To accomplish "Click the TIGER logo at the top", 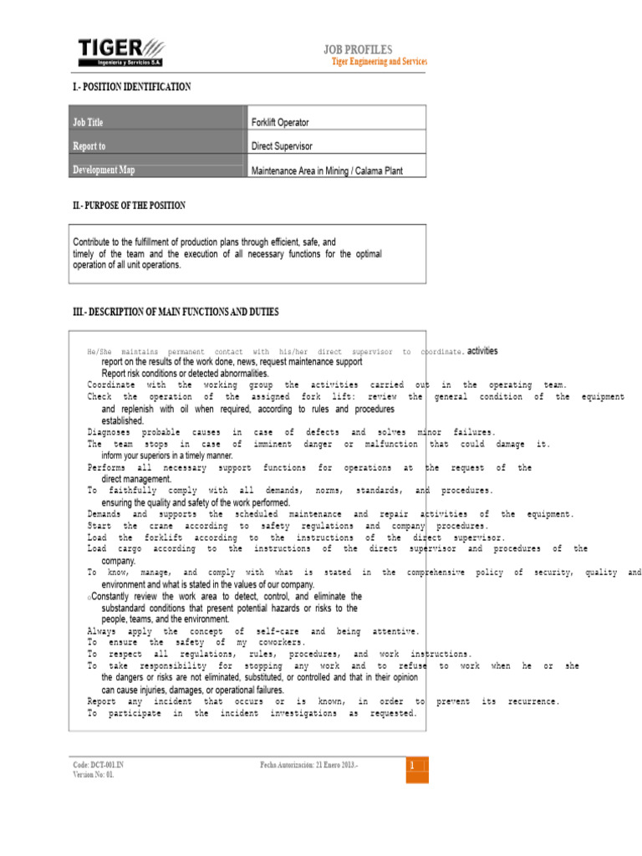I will pyautogui.click(x=120, y=52).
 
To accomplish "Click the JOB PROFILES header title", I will pyautogui.click(x=358, y=50).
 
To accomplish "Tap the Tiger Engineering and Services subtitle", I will pyautogui.click(x=380, y=63).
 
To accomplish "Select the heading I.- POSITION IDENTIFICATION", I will pyautogui.click(x=131, y=87).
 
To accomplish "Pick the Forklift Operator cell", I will pyautogui.click(x=281, y=123).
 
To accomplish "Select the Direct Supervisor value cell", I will pyautogui.click(x=282, y=146).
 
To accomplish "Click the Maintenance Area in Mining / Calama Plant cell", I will pyautogui.click(x=327, y=171).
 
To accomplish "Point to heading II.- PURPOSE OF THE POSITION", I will pyautogui.click(x=129, y=205).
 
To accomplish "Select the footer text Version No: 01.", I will pyautogui.click(x=94, y=775).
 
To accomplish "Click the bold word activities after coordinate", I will pyautogui.click(x=481, y=352).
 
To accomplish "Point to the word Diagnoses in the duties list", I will pyautogui.click(x=109, y=432).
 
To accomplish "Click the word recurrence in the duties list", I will pyautogui.click(x=528, y=701).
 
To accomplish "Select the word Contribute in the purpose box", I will pyautogui.click(x=94, y=242).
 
